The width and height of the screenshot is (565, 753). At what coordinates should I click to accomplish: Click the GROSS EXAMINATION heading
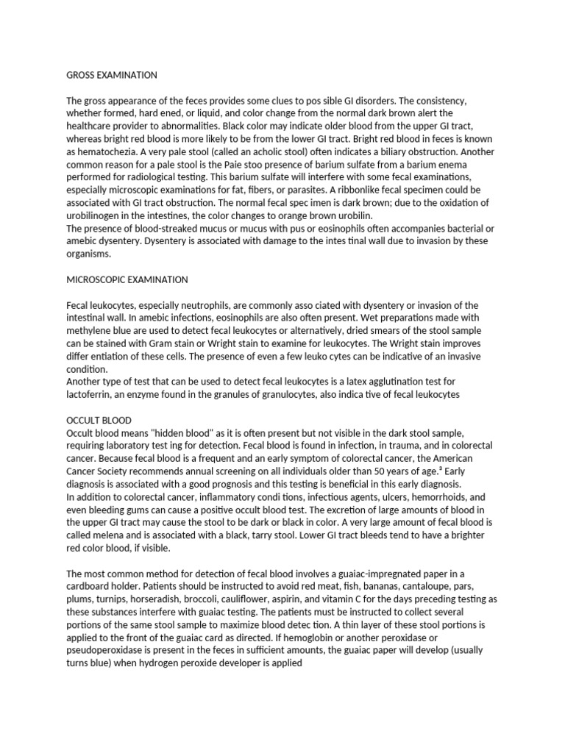point(112,75)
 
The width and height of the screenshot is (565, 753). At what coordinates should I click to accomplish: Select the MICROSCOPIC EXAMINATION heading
point(127,279)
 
